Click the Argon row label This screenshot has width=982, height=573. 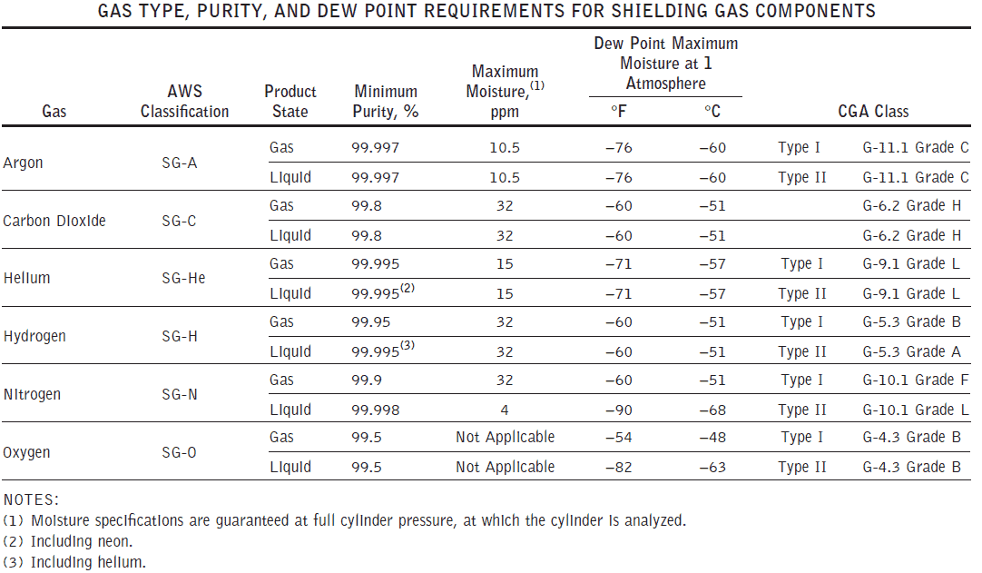pos(23,163)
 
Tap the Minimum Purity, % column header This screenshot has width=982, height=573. pos(386,101)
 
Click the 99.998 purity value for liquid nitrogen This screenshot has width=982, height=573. pos(375,410)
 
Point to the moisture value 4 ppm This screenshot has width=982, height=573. pos(506,410)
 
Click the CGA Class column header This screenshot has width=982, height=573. pos(872,112)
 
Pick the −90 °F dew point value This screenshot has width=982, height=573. pos(620,410)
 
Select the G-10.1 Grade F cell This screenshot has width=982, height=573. pos(915,380)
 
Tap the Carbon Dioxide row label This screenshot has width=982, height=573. pos(54,221)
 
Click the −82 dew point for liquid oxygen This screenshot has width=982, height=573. pos(620,467)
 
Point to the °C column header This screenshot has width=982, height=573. pos(712,112)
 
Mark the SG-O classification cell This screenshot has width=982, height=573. pos(179,452)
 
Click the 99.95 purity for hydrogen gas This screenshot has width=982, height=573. pos(371,321)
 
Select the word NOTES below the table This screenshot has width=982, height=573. pos(31,499)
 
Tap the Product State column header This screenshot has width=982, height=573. pos(290,101)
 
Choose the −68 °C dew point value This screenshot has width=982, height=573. pos(712,410)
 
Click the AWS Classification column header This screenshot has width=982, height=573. pos(184,101)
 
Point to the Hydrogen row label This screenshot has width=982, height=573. pos(34,336)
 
